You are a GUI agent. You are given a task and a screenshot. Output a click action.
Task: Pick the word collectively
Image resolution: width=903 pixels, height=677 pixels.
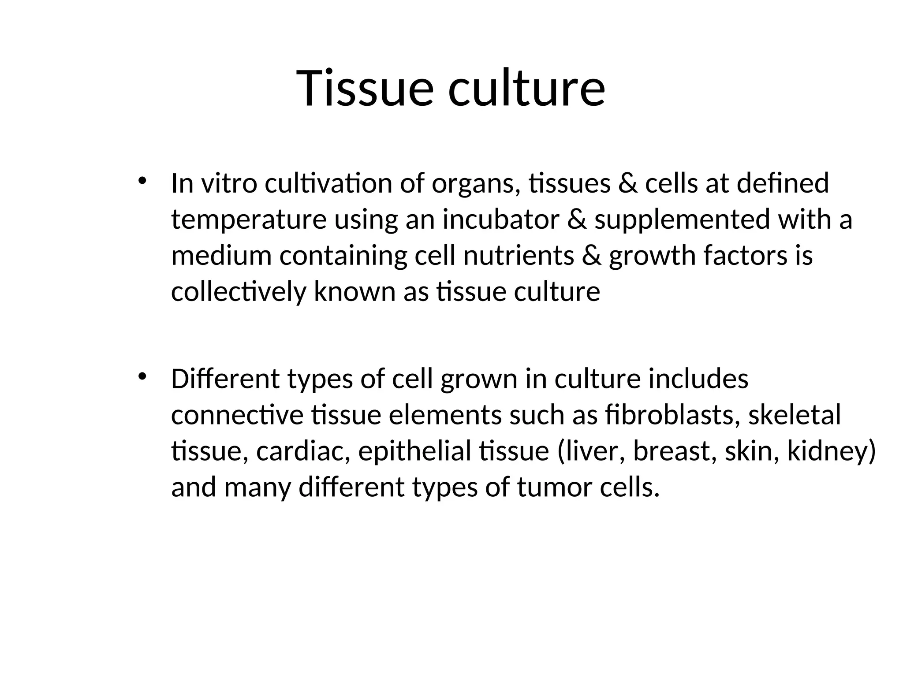point(238,292)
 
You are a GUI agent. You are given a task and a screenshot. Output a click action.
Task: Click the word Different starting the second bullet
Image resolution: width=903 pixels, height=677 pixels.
point(225,379)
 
